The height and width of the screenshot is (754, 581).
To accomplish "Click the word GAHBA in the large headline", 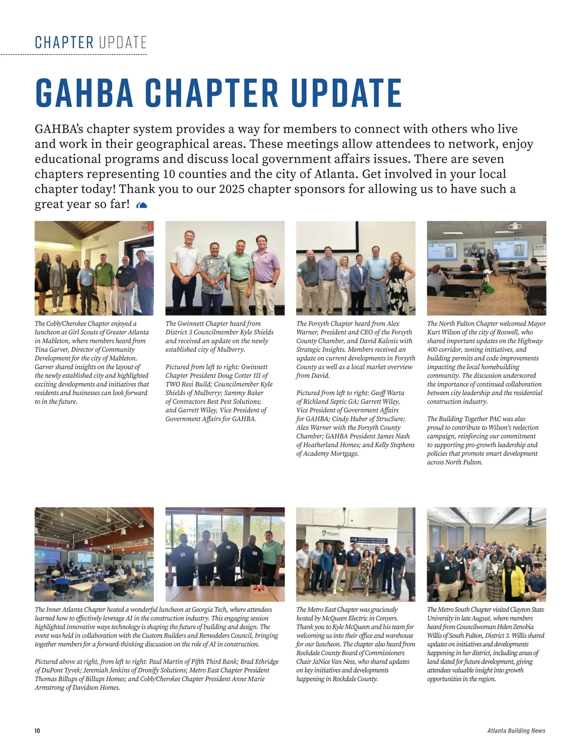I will [x=83, y=93].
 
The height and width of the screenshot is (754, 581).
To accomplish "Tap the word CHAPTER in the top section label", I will [x=64, y=43].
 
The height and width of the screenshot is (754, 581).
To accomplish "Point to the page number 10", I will [x=37, y=731].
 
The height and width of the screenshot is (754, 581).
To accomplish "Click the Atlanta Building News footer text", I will [x=516, y=731].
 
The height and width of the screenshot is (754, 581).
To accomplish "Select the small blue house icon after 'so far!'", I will [x=142, y=205].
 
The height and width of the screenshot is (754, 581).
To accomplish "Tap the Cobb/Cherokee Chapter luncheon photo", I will [x=94, y=268].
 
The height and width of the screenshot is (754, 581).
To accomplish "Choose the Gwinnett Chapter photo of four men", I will [x=225, y=268].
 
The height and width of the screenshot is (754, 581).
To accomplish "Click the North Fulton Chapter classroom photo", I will [x=486, y=268].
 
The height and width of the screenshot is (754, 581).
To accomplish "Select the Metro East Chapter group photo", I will [x=355, y=554].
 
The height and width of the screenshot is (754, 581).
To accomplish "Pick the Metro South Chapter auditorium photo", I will [x=486, y=554].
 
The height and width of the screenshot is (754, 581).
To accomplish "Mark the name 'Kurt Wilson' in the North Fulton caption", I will [x=443, y=332].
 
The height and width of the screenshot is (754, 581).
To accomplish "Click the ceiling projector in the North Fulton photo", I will [x=514, y=226].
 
